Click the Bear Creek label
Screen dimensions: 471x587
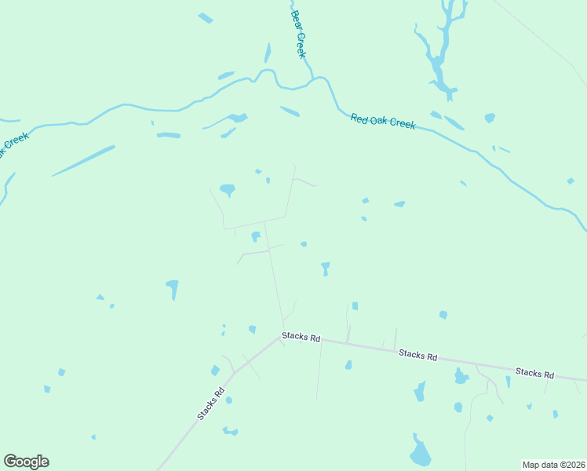tap(297, 35)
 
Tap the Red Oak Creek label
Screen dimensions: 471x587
tap(382, 121)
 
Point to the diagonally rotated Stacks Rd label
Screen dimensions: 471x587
tap(211, 403)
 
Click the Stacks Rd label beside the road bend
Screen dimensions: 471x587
tap(302, 338)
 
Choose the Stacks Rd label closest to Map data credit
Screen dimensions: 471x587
tap(535, 373)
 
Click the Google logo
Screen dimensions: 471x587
tap(26, 462)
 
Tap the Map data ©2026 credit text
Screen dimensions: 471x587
tap(553, 465)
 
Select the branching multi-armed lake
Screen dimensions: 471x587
tap(439, 51)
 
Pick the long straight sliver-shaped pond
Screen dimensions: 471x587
tap(83, 160)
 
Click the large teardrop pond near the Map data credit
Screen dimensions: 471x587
tap(421, 453)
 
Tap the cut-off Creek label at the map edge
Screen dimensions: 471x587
tap(14, 144)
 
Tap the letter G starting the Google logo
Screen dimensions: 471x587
tap(9, 461)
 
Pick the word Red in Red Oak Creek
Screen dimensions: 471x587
tap(359, 118)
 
